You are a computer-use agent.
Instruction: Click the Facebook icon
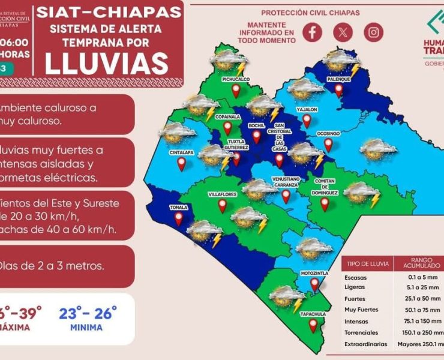[x=312, y=32]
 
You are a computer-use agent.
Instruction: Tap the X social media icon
[x=343, y=32]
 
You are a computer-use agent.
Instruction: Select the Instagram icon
[x=374, y=32]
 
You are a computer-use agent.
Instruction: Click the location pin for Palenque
[x=339, y=90]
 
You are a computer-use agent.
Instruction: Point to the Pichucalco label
[x=236, y=79]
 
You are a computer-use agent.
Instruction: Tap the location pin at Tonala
[x=179, y=218]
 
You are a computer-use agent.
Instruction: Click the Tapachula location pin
[x=313, y=325]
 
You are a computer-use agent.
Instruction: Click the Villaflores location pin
[x=223, y=206]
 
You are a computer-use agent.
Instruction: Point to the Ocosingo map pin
[x=328, y=144]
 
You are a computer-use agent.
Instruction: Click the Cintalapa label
[x=181, y=152]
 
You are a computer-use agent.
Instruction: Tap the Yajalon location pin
[x=307, y=121]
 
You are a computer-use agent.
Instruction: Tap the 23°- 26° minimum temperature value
[x=89, y=313]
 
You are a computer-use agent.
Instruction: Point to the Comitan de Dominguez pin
[x=325, y=204]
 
